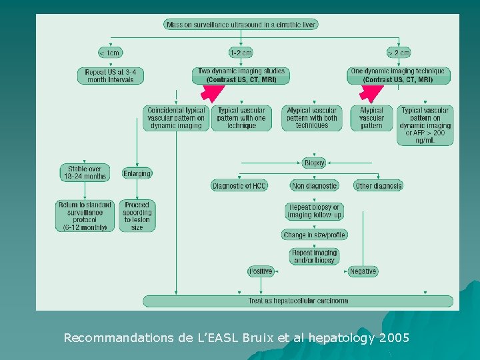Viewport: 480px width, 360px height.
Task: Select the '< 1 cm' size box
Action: pos(110,53)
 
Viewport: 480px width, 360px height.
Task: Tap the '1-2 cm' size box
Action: pos(241,53)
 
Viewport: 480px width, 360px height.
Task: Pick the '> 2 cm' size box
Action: pos(398,53)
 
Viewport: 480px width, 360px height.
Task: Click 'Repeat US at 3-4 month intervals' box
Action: pos(110,75)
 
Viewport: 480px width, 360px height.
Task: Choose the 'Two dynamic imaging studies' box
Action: pos(241,75)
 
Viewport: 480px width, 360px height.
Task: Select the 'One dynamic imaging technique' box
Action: pos(398,75)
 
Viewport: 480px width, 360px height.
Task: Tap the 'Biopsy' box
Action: pos(314,163)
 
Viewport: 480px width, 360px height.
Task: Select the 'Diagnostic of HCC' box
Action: pos(239,185)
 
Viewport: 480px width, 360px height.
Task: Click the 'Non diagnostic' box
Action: pos(314,185)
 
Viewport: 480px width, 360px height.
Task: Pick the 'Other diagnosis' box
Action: pos(378,185)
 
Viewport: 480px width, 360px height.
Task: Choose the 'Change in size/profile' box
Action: pos(314,235)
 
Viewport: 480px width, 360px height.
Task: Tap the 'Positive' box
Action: pos(261,271)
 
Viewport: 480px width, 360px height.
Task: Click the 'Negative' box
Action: pos(363,271)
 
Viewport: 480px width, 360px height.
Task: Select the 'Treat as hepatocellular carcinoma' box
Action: pos(298,301)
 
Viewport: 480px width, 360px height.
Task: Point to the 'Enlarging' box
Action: pos(137,173)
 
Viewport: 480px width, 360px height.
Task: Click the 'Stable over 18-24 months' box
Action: pos(85,173)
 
